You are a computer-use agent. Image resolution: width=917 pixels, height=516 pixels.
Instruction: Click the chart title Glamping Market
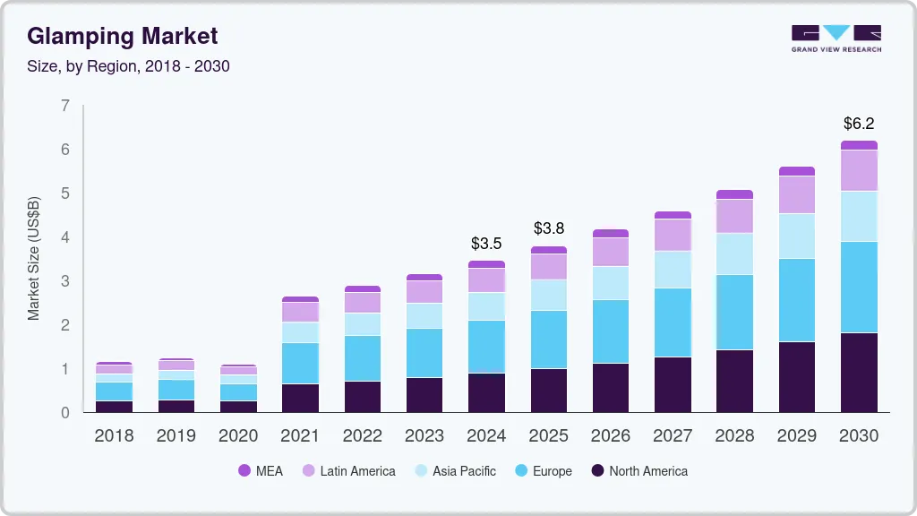click(122, 36)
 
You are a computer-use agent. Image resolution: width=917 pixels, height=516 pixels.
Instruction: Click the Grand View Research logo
click(836, 39)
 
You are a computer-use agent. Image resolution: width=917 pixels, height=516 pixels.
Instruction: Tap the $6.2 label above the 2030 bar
click(859, 124)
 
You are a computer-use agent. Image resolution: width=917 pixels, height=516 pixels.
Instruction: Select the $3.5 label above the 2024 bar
click(486, 243)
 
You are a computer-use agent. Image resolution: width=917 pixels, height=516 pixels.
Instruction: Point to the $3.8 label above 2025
click(548, 228)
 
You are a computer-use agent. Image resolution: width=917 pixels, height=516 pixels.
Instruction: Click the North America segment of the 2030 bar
click(859, 373)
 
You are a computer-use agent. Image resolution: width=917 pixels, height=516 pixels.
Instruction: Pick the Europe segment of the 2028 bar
click(734, 312)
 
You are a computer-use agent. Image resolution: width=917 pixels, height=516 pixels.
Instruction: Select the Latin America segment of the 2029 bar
click(797, 194)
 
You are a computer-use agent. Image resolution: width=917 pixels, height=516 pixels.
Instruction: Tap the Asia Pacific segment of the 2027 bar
click(673, 270)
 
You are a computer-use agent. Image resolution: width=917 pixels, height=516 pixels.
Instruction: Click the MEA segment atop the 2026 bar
click(610, 233)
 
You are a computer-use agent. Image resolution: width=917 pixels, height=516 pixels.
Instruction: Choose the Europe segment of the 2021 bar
click(300, 363)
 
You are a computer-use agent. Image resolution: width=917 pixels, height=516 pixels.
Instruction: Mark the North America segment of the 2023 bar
click(424, 395)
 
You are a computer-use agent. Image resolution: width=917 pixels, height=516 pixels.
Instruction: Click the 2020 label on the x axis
click(238, 436)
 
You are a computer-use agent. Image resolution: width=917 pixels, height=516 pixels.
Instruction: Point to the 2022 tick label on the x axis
click(362, 436)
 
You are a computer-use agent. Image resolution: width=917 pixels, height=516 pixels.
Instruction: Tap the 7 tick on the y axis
click(64, 106)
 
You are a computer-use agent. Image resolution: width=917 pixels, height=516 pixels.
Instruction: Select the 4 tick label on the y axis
click(64, 237)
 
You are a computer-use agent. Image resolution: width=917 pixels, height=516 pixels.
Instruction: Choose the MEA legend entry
click(261, 471)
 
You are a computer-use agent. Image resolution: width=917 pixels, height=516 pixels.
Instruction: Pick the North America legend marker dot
click(596, 471)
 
